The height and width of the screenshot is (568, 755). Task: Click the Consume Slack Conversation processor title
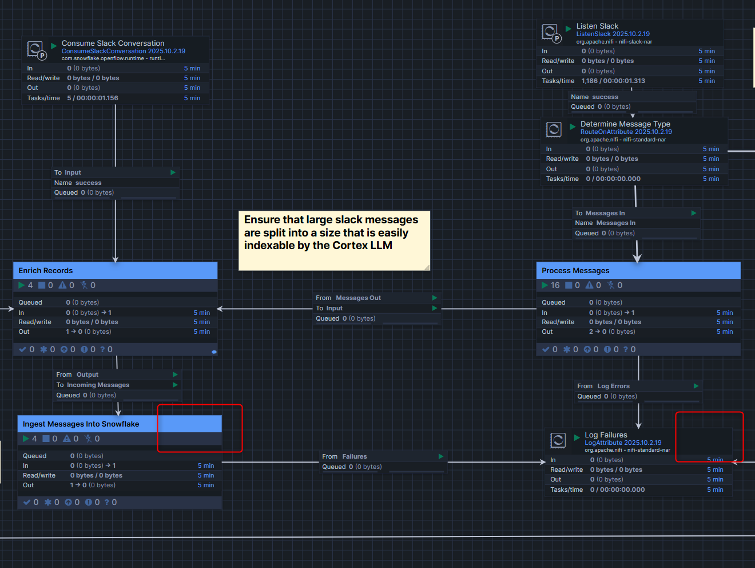tap(113, 44)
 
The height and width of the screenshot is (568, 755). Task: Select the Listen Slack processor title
tap(597, 26)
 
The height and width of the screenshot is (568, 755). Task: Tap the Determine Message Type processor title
tap(625, 124)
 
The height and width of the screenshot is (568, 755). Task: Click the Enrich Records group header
tap(46, 271)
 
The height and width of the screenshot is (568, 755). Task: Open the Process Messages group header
tap(575, 271)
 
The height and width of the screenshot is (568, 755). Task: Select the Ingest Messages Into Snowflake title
tap(81, 424)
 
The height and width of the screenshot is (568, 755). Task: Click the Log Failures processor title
tap(606, 435)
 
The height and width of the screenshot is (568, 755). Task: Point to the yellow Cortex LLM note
tap(333, 240)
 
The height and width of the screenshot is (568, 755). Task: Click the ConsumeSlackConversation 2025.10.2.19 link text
tap(123, 52)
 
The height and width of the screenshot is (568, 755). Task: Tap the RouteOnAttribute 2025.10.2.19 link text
tap(626, 132)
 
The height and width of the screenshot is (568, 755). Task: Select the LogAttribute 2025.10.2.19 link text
tap(623, 443)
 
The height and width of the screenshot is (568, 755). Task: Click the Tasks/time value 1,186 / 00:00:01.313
tap(613, 81)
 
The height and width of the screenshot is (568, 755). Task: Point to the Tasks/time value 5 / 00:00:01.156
tap(93, 98)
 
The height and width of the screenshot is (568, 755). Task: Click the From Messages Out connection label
tap(348, 298)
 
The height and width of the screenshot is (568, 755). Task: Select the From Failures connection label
tap(344, 457)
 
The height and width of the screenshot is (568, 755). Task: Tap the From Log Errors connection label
tap(603, 386)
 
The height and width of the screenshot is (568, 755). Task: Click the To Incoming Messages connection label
tap(93, 385)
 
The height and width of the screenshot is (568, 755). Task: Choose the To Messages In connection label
tap(600, 214)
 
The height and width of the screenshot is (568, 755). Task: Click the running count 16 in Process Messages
tap(555, 286)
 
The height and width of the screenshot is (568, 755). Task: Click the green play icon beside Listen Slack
tap(568, 29)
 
